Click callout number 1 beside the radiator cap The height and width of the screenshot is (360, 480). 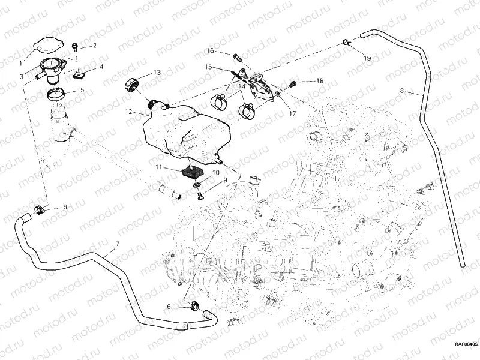pyautogui.click(x=22, y=62)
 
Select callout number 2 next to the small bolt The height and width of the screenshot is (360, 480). pyautogui.click(x=94, y=46)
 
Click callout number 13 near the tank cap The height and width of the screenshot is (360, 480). pyautogui.click(x=157, y=73)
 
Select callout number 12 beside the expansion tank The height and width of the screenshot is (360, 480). pyautogui.click(x=128, y=112)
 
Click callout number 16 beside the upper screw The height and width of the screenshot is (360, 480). pyautogui.click(x=211, y=50)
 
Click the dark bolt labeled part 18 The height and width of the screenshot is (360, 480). pyautogui.click(x=293, y=82)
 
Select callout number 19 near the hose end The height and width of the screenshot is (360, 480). pyautogui.click(x=368, y=58)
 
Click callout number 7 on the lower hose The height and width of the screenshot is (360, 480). pyautogui.click(x=118, y=242)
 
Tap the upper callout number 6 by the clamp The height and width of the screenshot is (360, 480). pyautogui.click(x=65, y=207)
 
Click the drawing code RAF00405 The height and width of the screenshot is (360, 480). pyautogui.click(x=465, y=344)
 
